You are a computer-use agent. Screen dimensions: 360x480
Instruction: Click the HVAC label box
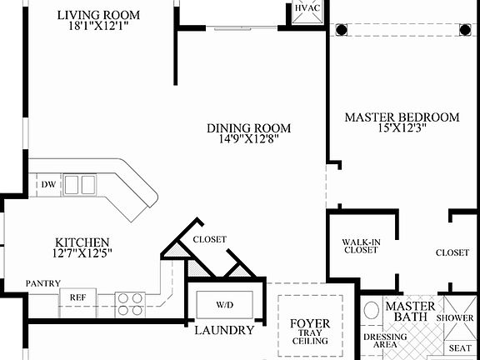click(x=305, y=10)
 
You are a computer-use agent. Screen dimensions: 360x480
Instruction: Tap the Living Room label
click(x=98, y=15)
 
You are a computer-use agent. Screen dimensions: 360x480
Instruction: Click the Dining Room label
click(x=249, y=127)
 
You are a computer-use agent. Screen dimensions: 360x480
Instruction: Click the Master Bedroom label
click(x=402, y=117)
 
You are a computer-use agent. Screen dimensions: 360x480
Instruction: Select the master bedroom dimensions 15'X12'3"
click(x=402, y=131)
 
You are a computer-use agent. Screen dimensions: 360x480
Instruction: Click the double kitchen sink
click(x=79, y=183)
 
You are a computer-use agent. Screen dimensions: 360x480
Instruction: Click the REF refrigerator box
click(x=77, y=297)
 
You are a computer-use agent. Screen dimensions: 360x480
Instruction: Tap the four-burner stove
click(x=129, y=303)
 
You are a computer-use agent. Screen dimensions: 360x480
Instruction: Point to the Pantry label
click(x=42, y=283)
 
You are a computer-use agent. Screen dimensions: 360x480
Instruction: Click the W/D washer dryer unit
click(x=225, y=304)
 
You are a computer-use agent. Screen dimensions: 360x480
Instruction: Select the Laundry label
click(x=223, y=330)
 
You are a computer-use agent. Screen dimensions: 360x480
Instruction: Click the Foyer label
click(x=309, y=323)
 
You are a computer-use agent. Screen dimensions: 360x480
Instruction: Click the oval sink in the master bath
click(x=372, y=311)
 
